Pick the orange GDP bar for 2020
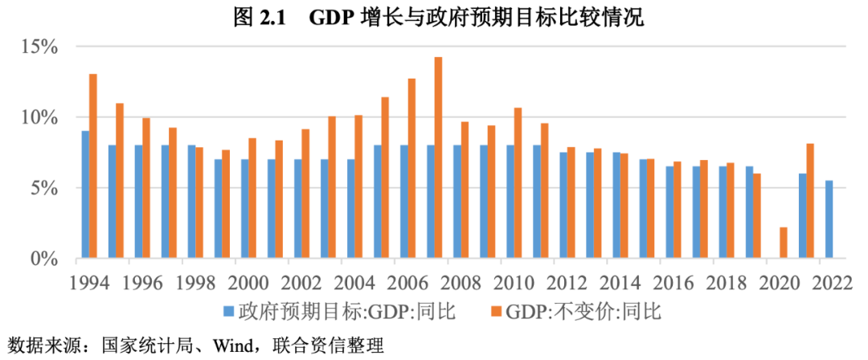[x=784, y=243]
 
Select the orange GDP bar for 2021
[x=810, y=201]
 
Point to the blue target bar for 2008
[x=457, y=202]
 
